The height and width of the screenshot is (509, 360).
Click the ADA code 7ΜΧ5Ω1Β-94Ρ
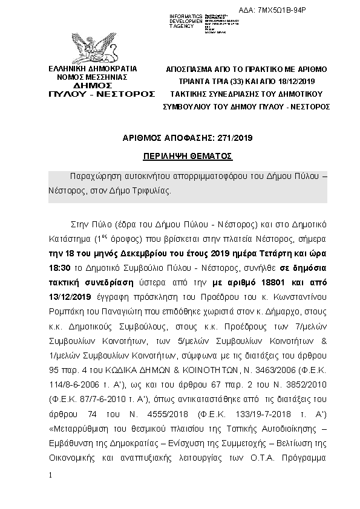[x=307, y=11]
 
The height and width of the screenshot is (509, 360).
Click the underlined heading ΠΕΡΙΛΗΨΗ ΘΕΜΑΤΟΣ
[x=188, y=155]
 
